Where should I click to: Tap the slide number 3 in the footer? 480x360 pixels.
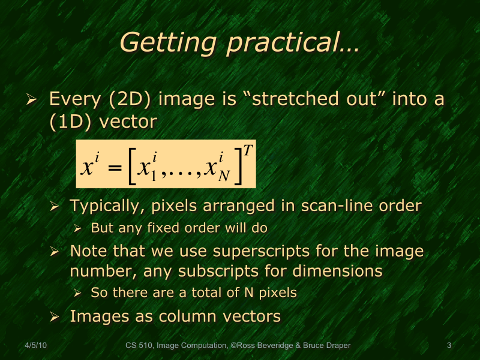[449, 345]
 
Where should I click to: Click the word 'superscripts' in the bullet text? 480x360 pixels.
[253, 251]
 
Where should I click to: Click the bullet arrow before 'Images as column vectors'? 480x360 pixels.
[55, 316]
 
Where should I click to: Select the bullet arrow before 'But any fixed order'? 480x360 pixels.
[77, 229]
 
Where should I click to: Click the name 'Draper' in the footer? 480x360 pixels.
[337, 345]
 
